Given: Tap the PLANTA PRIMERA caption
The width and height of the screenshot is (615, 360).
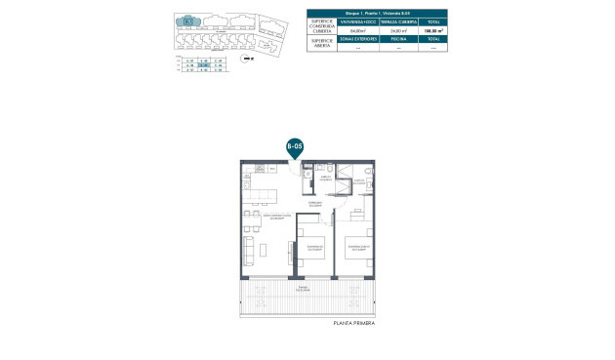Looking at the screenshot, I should tap(353, 322).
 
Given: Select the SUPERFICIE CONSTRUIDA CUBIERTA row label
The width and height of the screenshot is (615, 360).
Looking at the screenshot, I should tap(322, 25).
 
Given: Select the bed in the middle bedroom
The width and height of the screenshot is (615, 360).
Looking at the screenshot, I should tap(314, 252).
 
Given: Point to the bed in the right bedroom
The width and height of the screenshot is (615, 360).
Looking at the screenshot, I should tap(356, 252).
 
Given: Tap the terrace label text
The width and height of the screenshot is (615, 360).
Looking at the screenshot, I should tap(304, 290).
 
